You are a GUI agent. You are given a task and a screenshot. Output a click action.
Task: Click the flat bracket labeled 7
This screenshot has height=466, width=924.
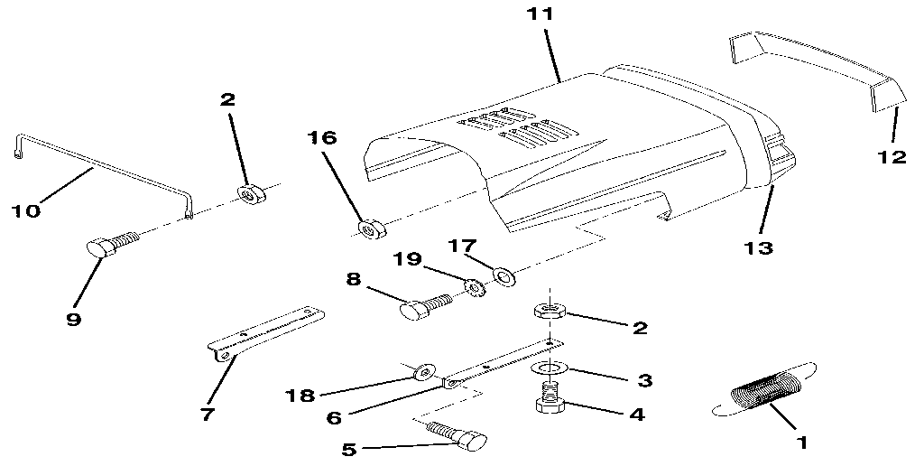266,331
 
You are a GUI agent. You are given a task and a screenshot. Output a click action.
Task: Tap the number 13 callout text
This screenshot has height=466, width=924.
759,247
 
